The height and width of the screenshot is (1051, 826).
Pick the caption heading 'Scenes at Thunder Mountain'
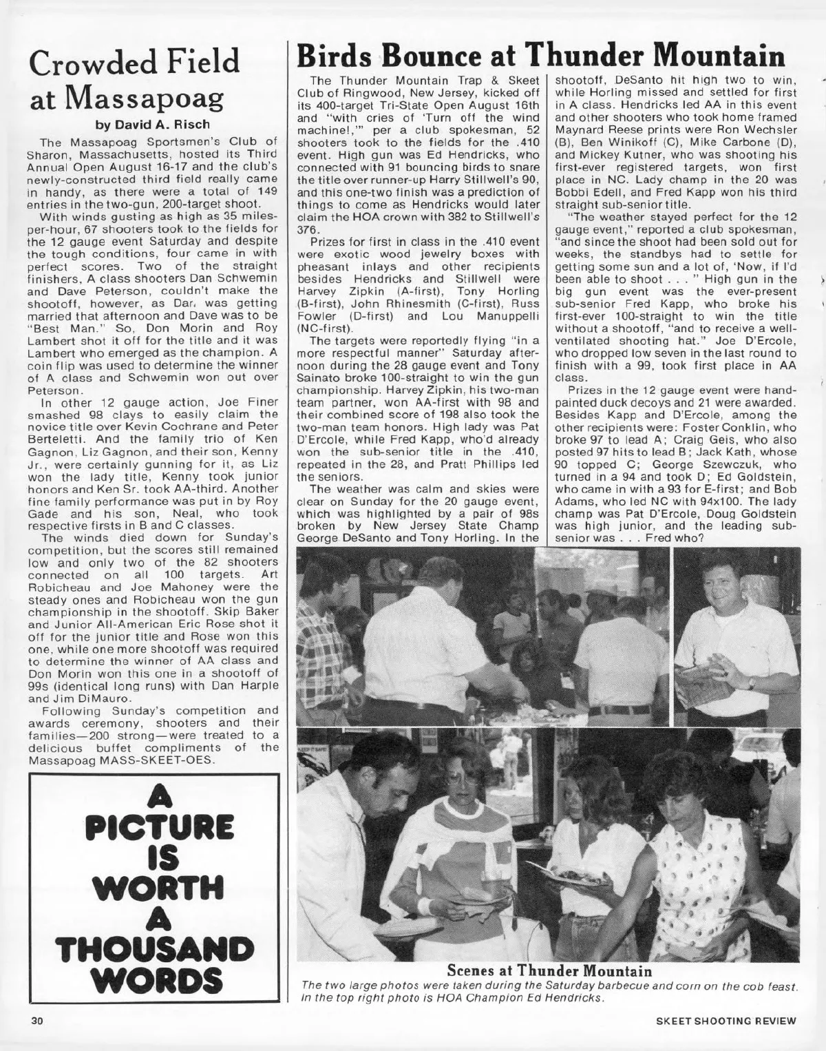(x=549, y=971)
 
